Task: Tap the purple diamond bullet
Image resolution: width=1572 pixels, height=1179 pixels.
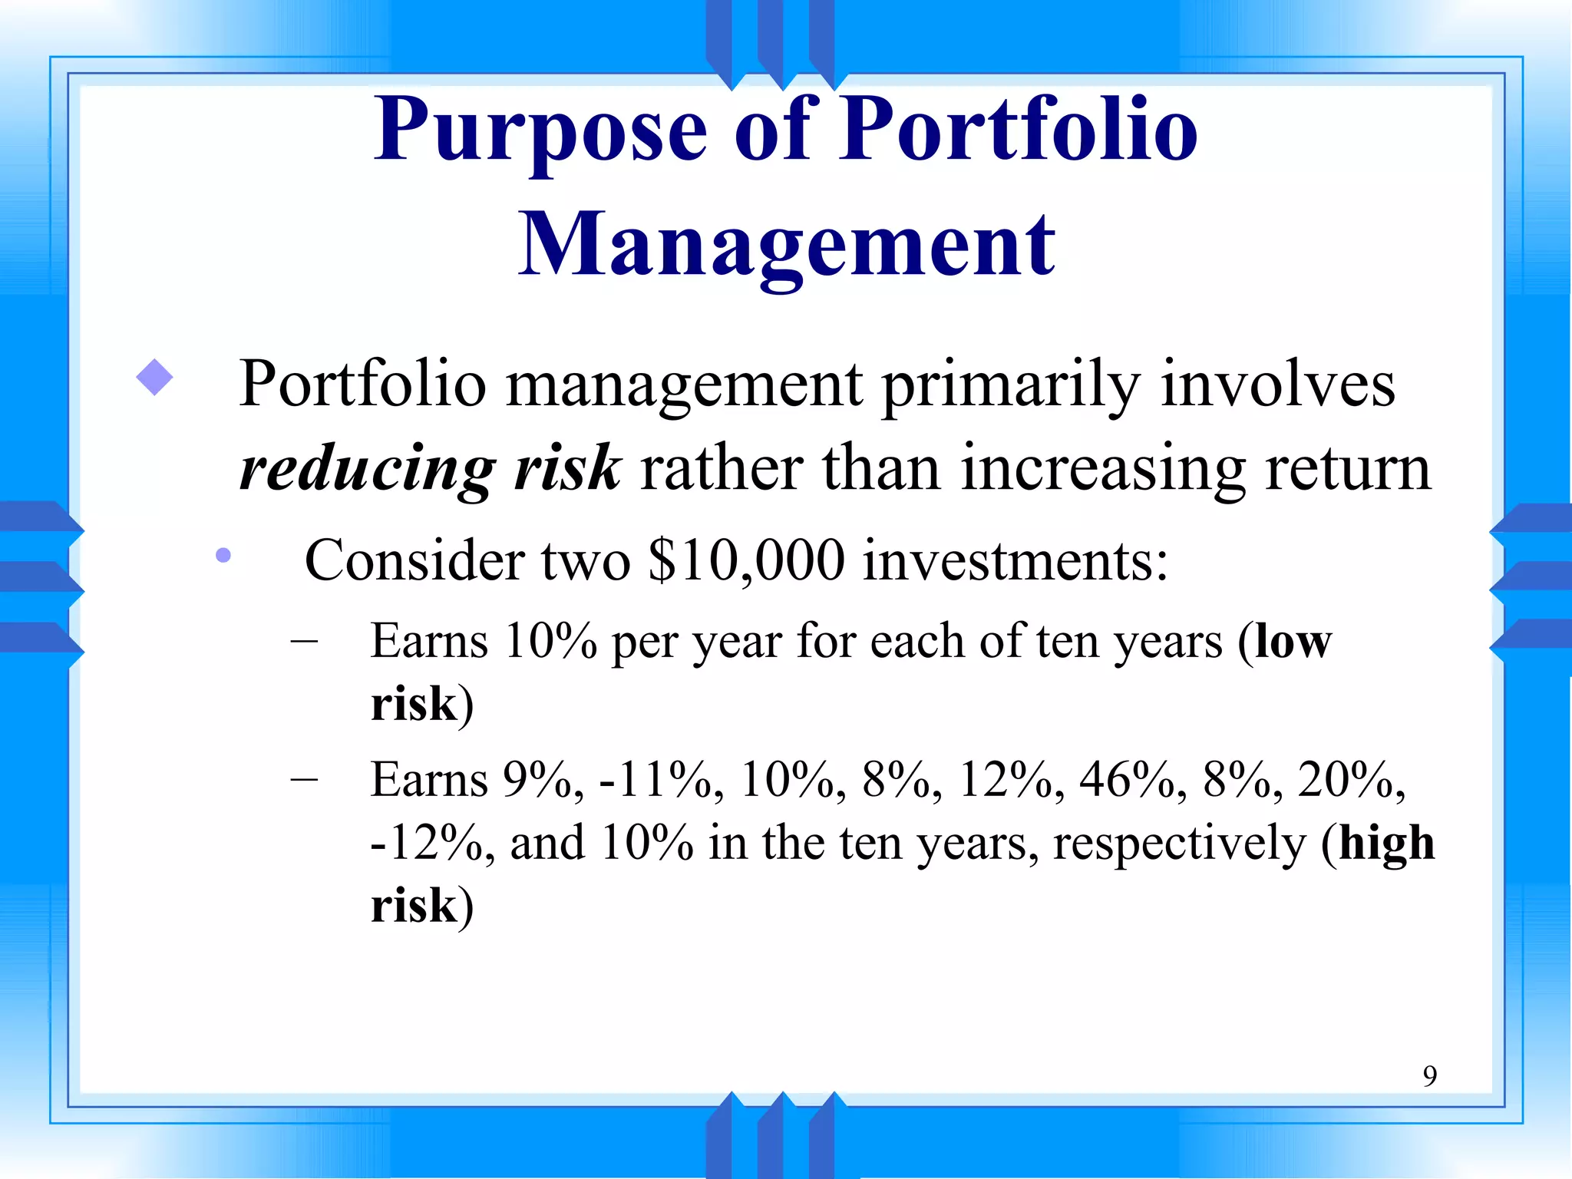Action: coord(154,378)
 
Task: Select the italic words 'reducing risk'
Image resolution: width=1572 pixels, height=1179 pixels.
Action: coord(430,467)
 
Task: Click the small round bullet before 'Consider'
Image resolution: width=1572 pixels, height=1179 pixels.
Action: coord(223,555)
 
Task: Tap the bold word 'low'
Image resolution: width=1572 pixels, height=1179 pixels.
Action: coord(1293,642)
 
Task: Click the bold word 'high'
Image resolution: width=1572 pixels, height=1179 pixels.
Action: coord(1386,843)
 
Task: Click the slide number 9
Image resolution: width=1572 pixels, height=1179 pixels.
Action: coord(1429,1075)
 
